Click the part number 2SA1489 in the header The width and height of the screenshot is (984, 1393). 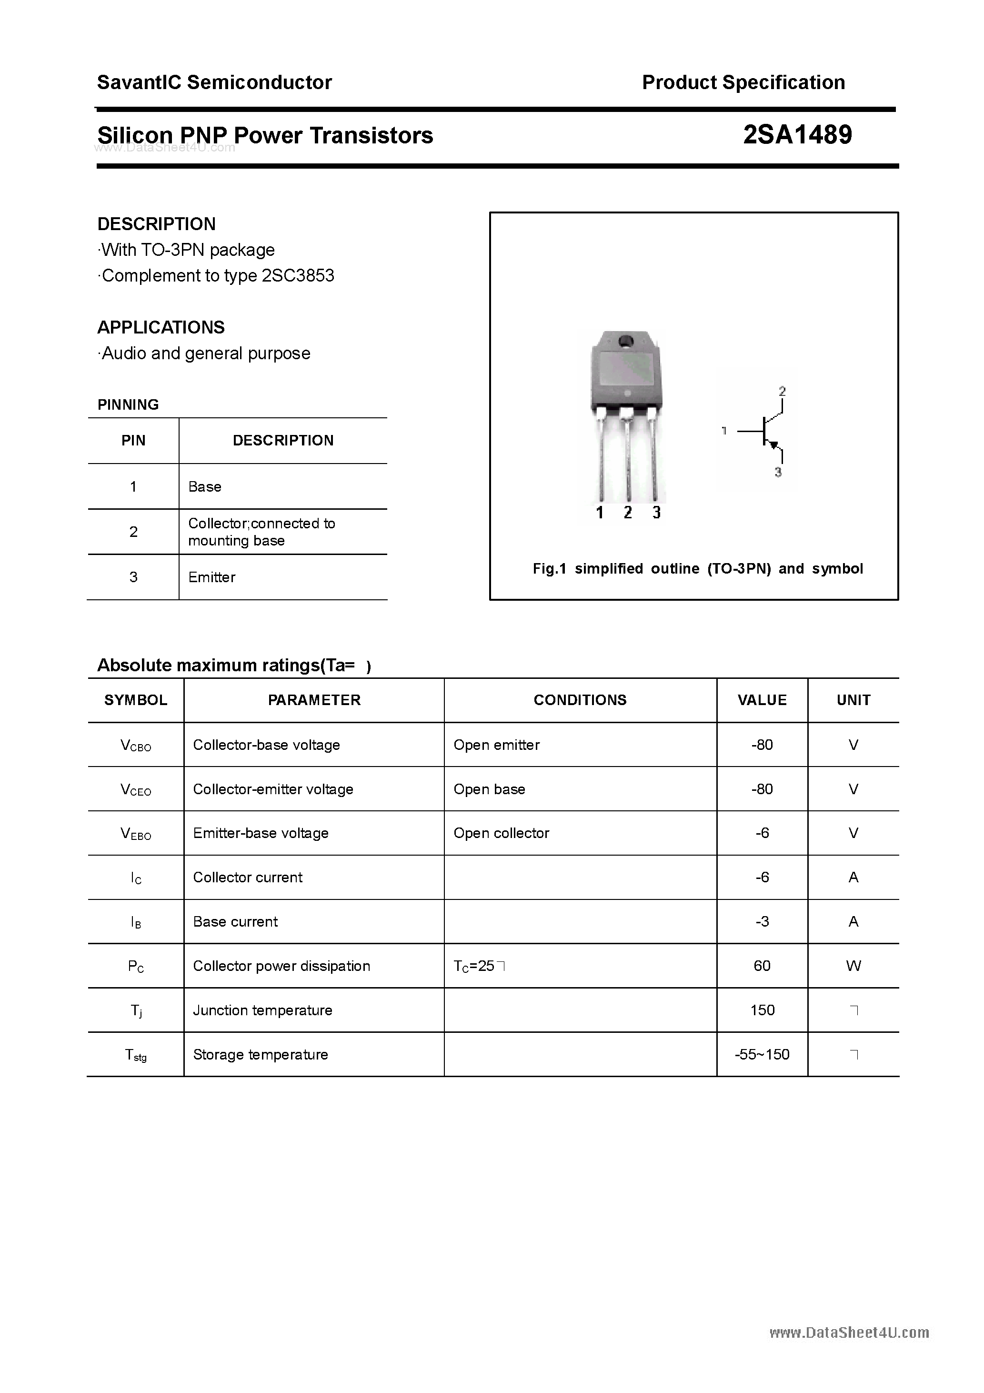797,135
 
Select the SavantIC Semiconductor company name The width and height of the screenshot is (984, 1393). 214,82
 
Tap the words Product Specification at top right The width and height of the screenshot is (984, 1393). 743,82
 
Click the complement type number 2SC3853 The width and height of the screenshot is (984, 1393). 298,275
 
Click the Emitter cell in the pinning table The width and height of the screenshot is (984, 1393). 212,577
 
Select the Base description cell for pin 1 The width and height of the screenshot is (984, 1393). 204,486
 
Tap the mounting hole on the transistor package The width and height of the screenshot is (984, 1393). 625,341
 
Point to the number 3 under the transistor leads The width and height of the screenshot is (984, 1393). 656,513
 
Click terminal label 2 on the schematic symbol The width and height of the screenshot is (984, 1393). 782,391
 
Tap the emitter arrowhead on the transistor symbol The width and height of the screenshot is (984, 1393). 773,444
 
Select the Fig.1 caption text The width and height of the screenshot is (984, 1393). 697,568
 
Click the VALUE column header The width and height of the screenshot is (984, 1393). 762,700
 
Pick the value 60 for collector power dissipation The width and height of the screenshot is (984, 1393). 762,966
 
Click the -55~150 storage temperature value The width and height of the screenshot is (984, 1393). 762,1054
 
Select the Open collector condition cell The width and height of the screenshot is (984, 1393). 501,833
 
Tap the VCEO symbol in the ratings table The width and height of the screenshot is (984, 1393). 136,789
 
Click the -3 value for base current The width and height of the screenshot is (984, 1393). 762,921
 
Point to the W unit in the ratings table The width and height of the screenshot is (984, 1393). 853,966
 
